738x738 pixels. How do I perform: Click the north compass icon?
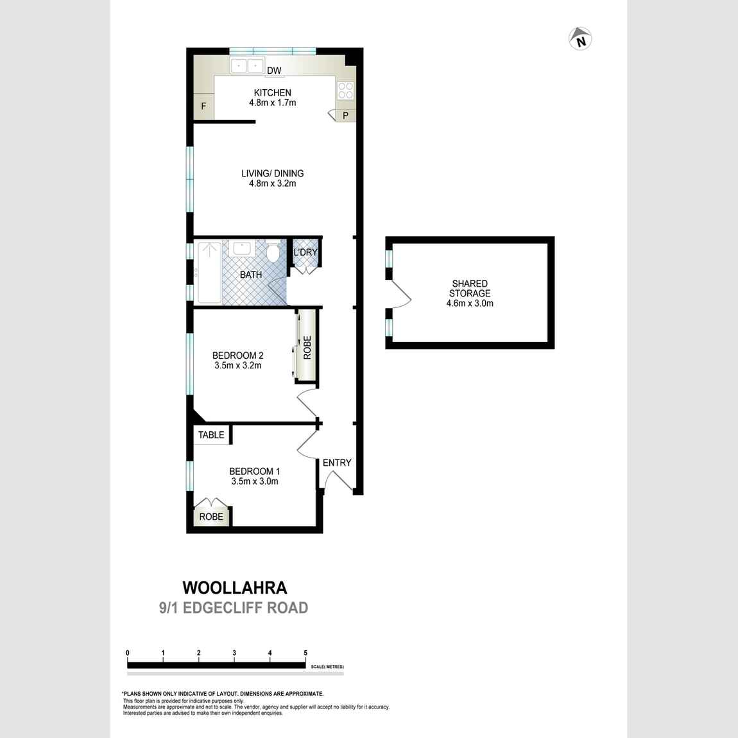click(x=580, y=39)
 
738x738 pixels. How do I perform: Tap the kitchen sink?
click(x=247, y=65)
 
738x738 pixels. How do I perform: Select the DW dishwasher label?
click(x=274, y=71)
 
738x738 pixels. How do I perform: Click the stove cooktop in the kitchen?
click(x=345, y=90)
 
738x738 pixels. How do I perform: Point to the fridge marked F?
click(x=204, y=107)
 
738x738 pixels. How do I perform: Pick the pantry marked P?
click(x=345, y=116)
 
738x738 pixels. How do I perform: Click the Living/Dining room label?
click(x=272, y=173)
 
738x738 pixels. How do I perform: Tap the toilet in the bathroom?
click(x=272, y=252)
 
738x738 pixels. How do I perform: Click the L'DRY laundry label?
click(x=305, y=252)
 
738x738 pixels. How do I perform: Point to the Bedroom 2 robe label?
click(x=307, y=347)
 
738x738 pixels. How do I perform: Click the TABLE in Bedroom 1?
click(x=211, y=434)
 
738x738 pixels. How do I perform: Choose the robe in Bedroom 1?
click(x=211, y=515)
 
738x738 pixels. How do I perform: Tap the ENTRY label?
click(x=337, y=463)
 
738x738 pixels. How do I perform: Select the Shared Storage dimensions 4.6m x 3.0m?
click(x=470, y=304)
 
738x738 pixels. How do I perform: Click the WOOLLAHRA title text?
click(x=235, y=587)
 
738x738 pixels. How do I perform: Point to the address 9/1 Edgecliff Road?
click(x=234, y=608)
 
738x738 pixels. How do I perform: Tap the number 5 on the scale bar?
click(x=305, y=653)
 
